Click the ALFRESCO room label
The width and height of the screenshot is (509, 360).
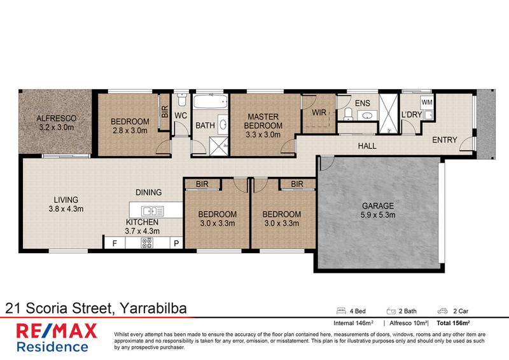56,118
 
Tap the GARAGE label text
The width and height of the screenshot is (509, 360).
379,206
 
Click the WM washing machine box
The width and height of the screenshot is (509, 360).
426,102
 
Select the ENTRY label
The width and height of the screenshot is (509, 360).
445,140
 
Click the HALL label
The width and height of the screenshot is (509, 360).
366,146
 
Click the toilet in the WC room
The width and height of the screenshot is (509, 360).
181,101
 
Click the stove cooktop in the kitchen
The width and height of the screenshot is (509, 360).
146,243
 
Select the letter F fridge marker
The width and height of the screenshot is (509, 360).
115,243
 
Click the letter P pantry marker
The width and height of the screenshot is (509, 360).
176,243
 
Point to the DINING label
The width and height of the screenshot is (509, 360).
148,192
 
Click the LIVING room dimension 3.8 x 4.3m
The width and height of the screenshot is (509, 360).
67,208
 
